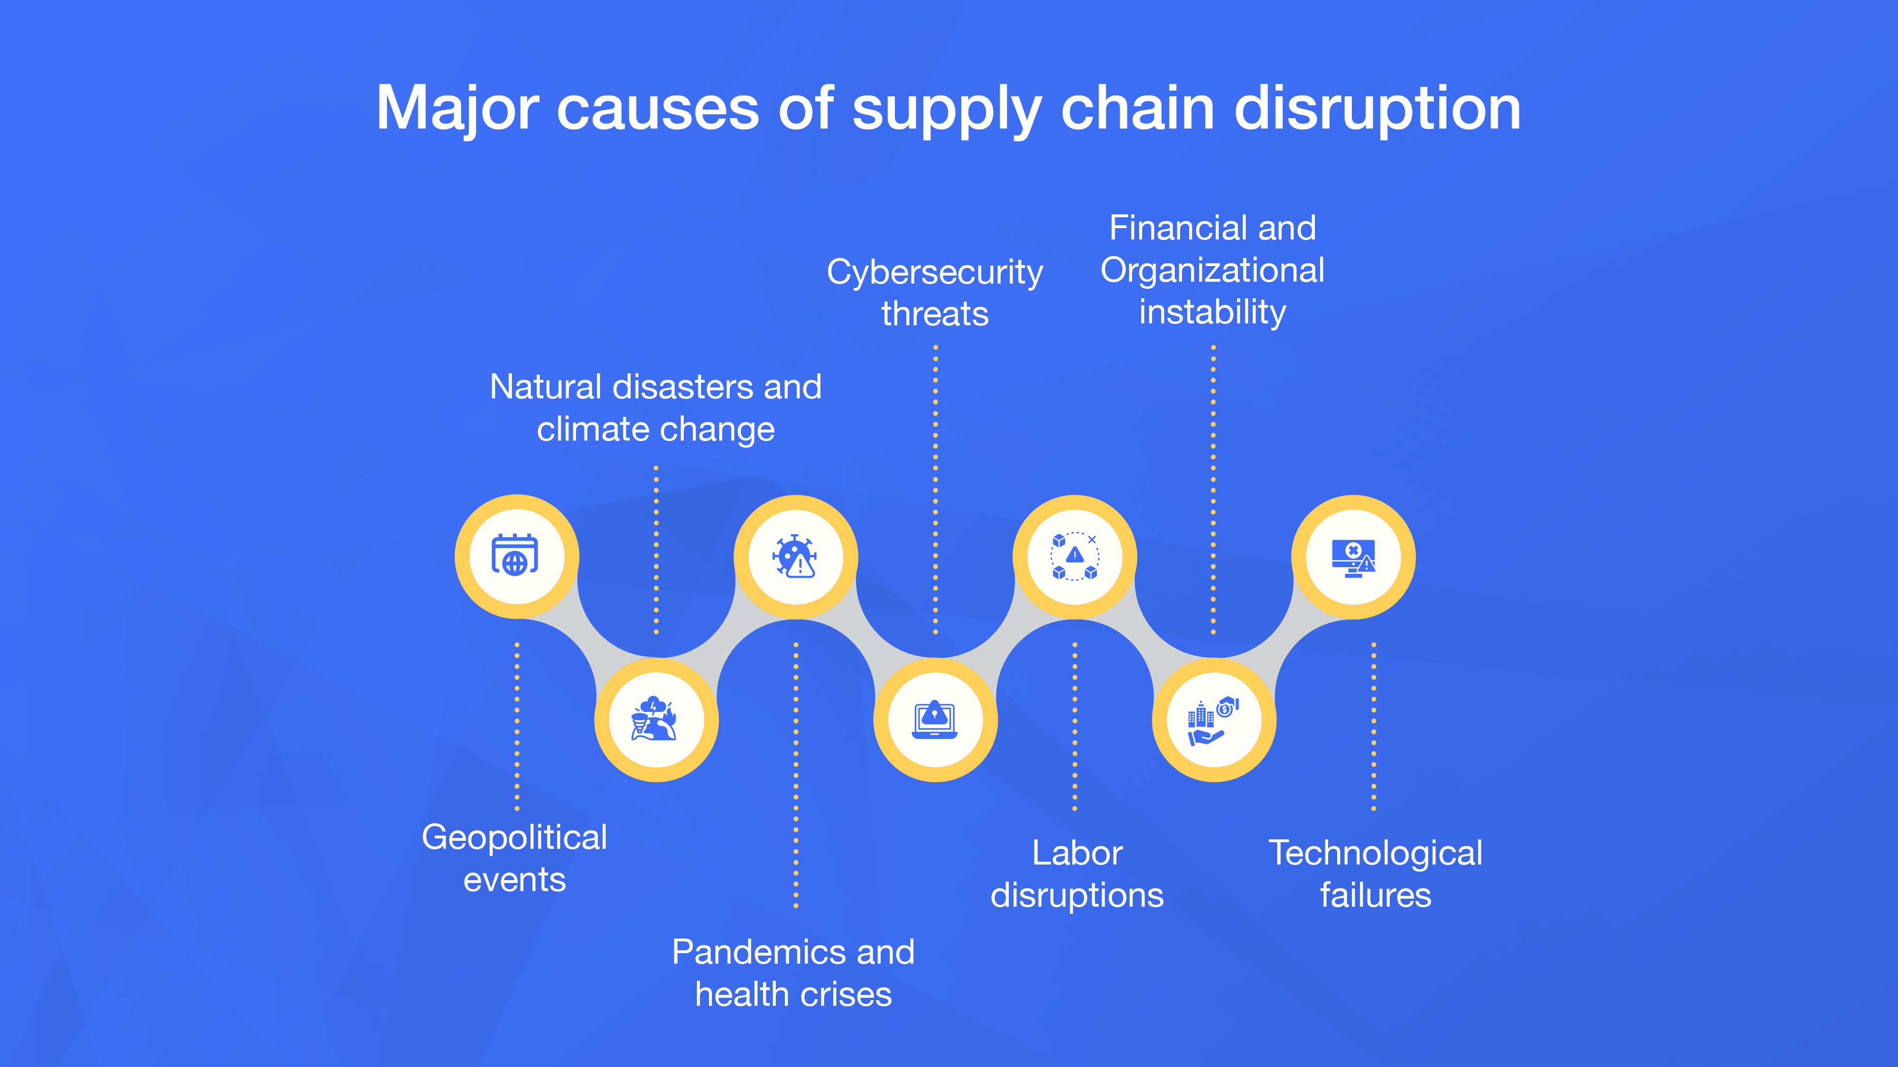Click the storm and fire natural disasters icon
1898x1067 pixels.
(x=655, y=719)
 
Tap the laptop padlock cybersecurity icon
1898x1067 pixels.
(x=934, y=719)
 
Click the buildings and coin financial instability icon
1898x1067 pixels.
(x=1213, y=719)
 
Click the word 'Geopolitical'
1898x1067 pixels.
(x=514, y=838)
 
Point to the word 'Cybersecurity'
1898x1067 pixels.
(x=934, y=273)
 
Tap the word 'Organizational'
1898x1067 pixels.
(x=1212, y=270)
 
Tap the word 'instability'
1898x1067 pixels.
(x=1212, y=312)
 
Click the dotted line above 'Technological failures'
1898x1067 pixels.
(x=1373, y=726)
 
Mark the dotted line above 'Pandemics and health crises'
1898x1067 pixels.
(x=796, y=773)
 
